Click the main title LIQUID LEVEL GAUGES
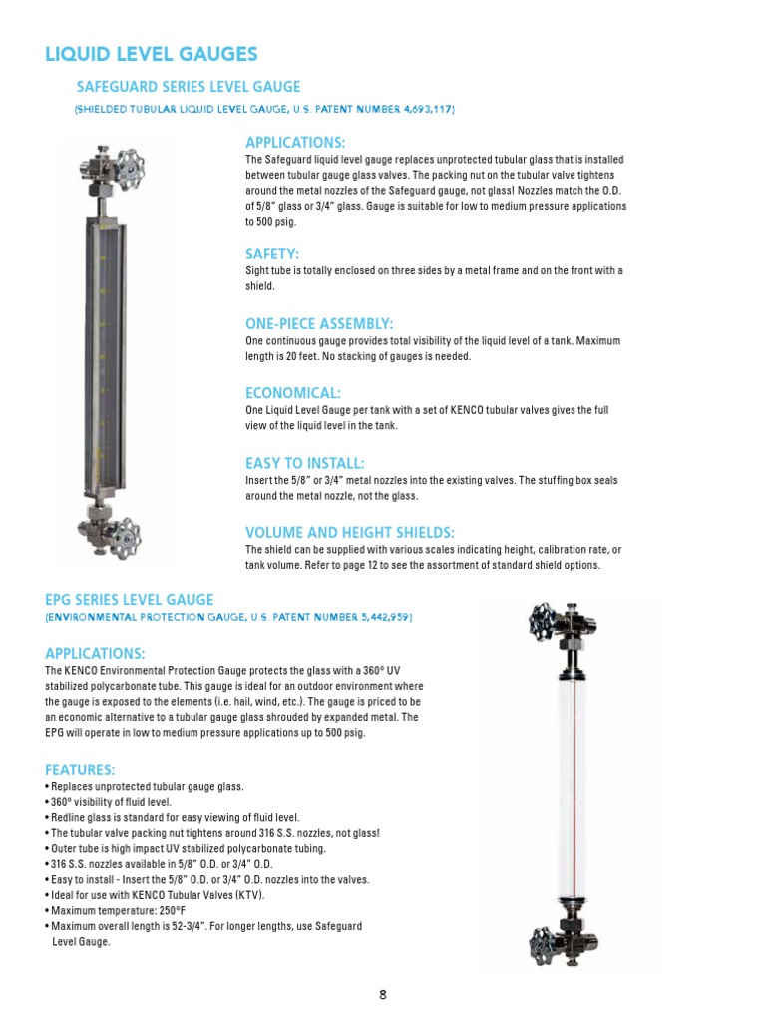point(152,55)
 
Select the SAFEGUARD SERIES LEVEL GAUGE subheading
point(189,87)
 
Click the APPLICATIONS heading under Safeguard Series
point(295,142)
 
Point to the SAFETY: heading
point(272,254)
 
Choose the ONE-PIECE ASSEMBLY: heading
point(319,324)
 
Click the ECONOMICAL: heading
point(293,393)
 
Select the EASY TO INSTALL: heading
point(305,463)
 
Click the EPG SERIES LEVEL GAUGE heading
point(130,600)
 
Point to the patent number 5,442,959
point(381,618)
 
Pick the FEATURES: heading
point(80,770)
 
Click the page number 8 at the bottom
point(383,994)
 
